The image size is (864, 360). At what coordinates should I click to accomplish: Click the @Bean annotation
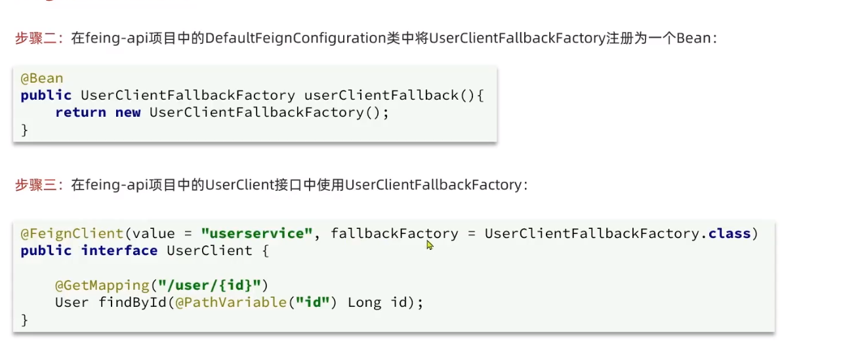pyautogui.click(x=42, y=78)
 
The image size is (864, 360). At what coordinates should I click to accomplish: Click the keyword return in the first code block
pyautogui.click(x=81, y=112)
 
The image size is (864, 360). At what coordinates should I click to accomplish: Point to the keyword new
pyautogui.click(x=128, y=112)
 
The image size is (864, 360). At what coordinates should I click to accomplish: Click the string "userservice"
pyautogui.click(x=257, y=233)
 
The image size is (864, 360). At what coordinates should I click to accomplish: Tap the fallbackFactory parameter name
pyautogui.click(x=394, y=233)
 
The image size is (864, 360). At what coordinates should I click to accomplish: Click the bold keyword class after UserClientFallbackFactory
pyautogui.click(x=730, y=233)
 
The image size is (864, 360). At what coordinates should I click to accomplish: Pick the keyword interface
pyautogui.click(x=119, y=250)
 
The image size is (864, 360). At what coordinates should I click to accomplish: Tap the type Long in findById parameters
pyautogui.click(x=364, y=302)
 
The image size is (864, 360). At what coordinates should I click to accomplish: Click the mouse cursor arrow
pyautogui.click(x=430, y=245)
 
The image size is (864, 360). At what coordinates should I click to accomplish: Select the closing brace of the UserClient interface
pyautogui.click(x=25, y=319)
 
